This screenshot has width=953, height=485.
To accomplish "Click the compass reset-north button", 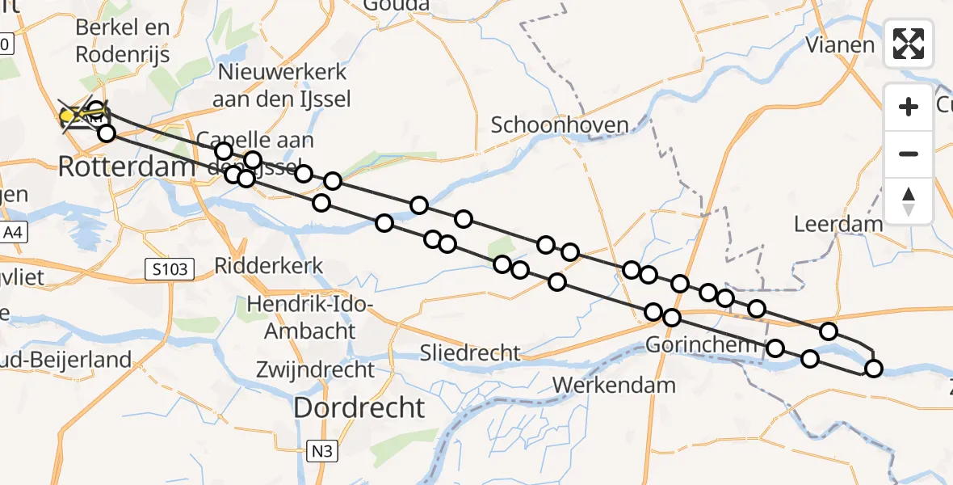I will point(909,201).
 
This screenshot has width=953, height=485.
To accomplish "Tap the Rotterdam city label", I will point(127,167).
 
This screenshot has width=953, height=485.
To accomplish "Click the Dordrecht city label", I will point(359,407).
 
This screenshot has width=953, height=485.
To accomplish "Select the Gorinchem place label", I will point(701,346).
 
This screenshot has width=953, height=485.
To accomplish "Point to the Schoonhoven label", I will point(560,124).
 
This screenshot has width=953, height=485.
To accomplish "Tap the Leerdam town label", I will point(838,223).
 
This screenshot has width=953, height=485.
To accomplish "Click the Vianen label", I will point(840,44).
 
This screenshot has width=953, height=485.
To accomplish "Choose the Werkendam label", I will point(615,385).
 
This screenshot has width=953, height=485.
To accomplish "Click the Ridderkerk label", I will point(268,265).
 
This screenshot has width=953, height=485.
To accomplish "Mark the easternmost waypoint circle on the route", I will point(873,369).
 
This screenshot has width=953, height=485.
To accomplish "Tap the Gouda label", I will point(396,6).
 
